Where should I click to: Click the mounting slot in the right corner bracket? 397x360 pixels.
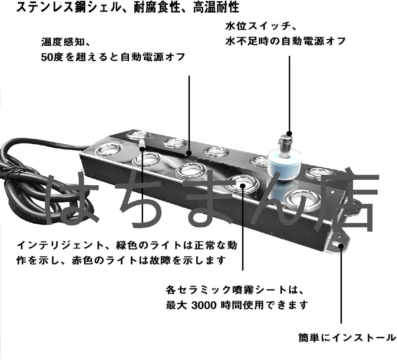pyautogui.click(x=337, y=245)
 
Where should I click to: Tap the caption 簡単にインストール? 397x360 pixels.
pyautogui.click(x=347, y=338)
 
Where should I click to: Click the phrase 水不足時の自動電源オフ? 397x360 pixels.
pyautogui.click(x=286, y=41)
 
